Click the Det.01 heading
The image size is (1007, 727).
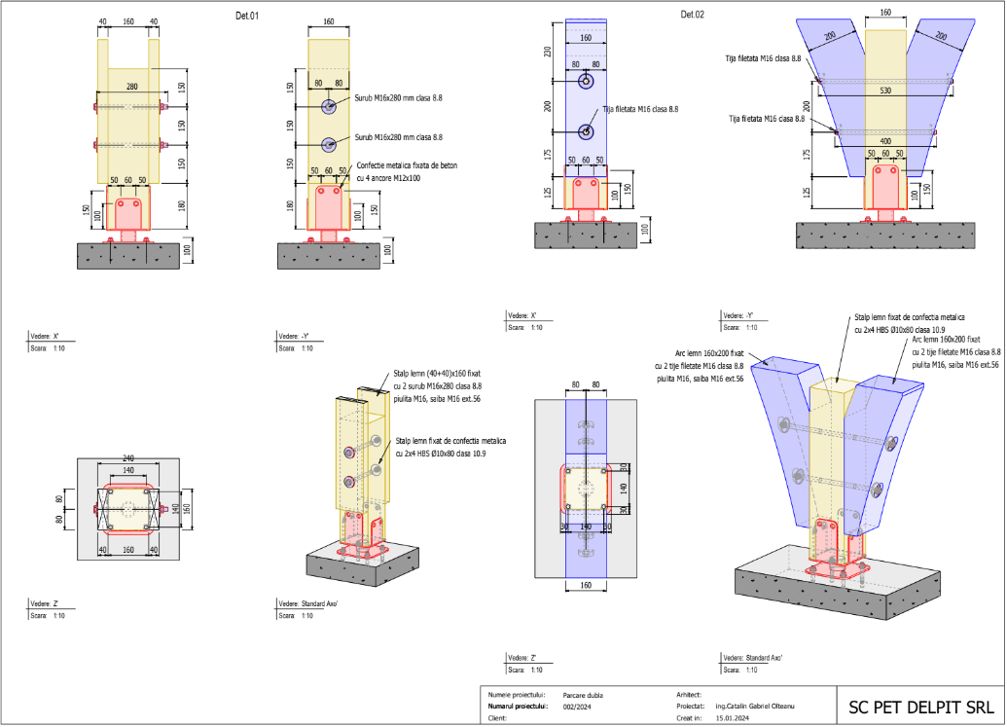click(247, 16)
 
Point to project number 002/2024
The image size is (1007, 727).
click(578, 707)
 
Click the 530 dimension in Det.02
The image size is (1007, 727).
click(883, 91)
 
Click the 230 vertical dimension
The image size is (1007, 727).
click(548, 52)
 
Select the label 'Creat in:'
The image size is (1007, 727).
click(688, 718)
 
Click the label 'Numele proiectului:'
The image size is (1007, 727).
click(514, 695)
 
